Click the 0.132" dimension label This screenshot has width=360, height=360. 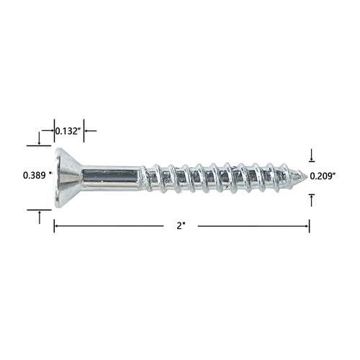coord(68,131)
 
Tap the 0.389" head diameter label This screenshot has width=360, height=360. coord(37,176)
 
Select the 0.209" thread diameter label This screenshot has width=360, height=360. coord(323,176)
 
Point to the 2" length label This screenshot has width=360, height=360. coord(180,226)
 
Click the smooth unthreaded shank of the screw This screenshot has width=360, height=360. coord(111,177)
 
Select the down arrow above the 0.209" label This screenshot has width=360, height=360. coord(312,156)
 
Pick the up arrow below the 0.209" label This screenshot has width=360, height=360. coord(312,200)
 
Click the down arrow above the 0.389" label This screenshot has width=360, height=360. coord(40,138)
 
